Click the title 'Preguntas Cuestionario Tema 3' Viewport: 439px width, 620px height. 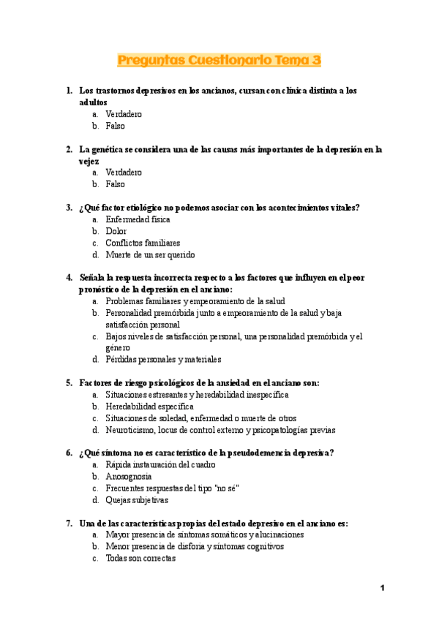219,60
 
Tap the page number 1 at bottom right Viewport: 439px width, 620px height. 382,589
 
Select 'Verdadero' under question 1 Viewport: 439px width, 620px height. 124,114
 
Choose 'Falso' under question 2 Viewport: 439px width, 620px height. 116,184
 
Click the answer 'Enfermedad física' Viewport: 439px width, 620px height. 138,219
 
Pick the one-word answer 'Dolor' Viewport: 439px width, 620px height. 116,231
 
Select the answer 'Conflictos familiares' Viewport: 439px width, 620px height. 143,243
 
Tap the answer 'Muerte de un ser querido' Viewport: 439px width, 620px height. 150,255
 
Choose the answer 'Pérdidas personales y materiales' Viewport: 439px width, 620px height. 163,359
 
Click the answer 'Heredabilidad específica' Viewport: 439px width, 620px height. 149,407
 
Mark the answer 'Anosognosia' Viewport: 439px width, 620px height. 129,477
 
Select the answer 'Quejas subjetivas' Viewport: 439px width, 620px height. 137,500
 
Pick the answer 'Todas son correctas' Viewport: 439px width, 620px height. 140,559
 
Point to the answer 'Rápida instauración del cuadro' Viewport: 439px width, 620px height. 160,465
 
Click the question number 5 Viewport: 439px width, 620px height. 69,382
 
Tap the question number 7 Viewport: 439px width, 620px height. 69,523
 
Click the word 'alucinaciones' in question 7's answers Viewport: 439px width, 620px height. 279,535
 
